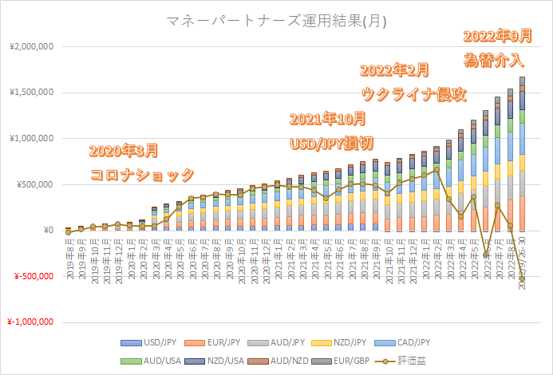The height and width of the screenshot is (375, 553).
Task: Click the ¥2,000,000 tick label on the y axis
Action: [x=29, y=46]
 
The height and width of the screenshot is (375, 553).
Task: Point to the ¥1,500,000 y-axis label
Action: [x=29, y=93]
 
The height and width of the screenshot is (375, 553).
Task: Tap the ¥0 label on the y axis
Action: [x=45, y=231]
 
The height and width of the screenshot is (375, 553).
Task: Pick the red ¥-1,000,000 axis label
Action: [x=29, y=323]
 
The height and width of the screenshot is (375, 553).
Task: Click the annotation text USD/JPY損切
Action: [x=329, y=144]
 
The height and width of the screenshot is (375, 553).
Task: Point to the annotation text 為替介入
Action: [x=494, y=60]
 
